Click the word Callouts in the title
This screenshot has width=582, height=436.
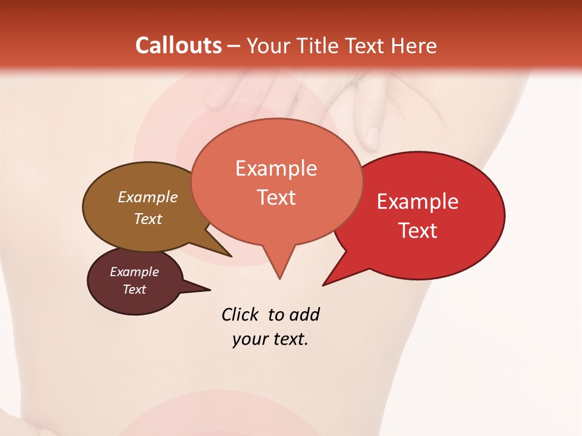178,45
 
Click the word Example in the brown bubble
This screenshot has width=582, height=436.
148,197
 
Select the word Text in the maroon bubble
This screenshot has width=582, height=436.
135,289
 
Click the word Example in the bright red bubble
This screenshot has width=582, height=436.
418,202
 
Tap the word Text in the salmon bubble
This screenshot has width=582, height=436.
276,197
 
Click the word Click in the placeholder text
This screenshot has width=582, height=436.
239,314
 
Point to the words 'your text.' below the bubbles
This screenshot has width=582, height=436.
270,339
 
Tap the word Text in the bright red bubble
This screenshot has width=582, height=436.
418,231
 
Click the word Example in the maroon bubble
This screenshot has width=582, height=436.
135,272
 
